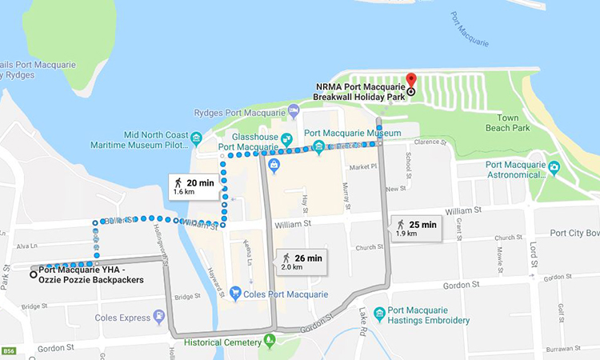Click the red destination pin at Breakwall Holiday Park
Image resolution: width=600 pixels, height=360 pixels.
tap(410, 80)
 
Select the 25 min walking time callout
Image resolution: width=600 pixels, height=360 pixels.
tap(416, 228)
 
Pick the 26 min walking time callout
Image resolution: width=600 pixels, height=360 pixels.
tap(302, 262)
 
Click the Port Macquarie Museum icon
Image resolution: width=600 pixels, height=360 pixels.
tap(318, 146)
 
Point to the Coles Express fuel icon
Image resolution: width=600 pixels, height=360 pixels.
tap(160, 317)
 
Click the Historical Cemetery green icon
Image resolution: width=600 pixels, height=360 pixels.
tap(270, 342)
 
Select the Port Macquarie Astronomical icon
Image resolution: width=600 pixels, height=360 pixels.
tap(554, 170)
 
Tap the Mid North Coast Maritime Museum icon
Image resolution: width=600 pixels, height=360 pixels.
tap(197, 139)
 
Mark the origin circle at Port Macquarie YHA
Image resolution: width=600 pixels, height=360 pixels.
tap(33, 274)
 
